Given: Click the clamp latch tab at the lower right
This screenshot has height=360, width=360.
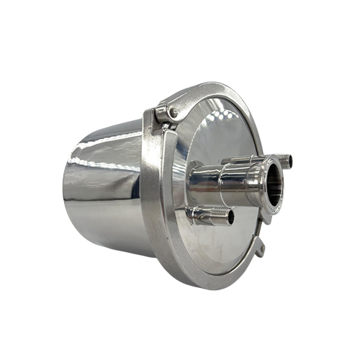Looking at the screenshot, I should (x=260, y=249).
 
